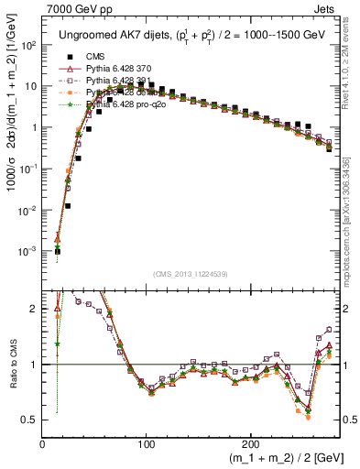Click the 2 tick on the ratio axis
pyautogui.click(x=34, y=309)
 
